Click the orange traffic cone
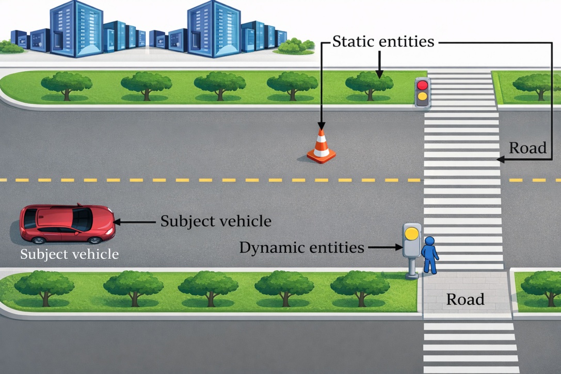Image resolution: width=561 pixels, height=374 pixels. pyautogui.click(x=321, y=148)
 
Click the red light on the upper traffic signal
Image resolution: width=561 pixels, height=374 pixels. pyautogui.click(x=423, y=85)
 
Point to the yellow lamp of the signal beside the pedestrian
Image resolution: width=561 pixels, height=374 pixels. pyautogui.click(x=411, y=233)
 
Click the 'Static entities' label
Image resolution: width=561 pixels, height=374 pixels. pyautogui.click(x=383, y=42)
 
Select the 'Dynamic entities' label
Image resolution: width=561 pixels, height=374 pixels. pyautogui.click(x=301, y=248)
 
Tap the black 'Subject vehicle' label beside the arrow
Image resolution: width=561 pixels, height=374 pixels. pyautogui.click(x=216, y=221)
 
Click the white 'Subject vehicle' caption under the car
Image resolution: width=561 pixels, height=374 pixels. pyautogui.click(x=69, y=254)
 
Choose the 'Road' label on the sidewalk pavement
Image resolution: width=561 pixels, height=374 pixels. pyautogui.click(x=465, y=299)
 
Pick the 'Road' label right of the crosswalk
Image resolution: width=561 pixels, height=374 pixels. pyautogui.click(x=527, y=148)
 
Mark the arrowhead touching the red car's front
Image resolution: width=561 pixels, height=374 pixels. pyautogui.click(x=117, y=222)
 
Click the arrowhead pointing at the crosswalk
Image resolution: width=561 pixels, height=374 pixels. pyautogui.click(x=500, y=160)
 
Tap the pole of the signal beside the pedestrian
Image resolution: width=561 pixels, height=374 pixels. pyautogui.click(x=412, y=267)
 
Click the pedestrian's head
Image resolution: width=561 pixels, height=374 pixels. pyautogui.click(x=429, y=241)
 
